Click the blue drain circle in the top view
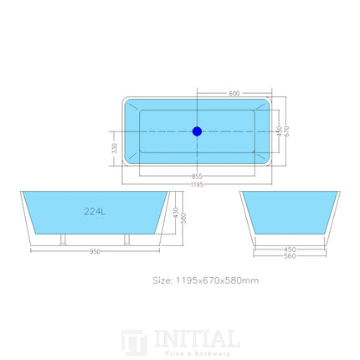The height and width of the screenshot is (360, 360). [x=197, y=131]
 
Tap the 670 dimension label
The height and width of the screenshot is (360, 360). [x=286, y=131]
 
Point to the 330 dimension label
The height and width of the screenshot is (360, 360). [x=115, y=147]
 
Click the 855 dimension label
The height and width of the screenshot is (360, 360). [x=197, y=177]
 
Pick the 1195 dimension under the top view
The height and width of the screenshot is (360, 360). [x=197, y=184]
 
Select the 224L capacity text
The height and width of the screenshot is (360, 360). [x=95, y=212]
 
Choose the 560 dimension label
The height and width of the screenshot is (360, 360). [x=290, y=255]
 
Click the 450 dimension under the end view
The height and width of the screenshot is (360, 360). [x=290, y=248]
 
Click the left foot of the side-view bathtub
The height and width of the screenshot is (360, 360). [x=60, y=242]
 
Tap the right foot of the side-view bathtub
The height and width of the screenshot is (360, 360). [x=127, y=242]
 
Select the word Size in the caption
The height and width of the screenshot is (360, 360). [x=162, y=280]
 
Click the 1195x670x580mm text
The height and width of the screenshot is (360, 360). [x=216, y=280]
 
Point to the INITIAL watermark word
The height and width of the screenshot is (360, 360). [x=197, y=338]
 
